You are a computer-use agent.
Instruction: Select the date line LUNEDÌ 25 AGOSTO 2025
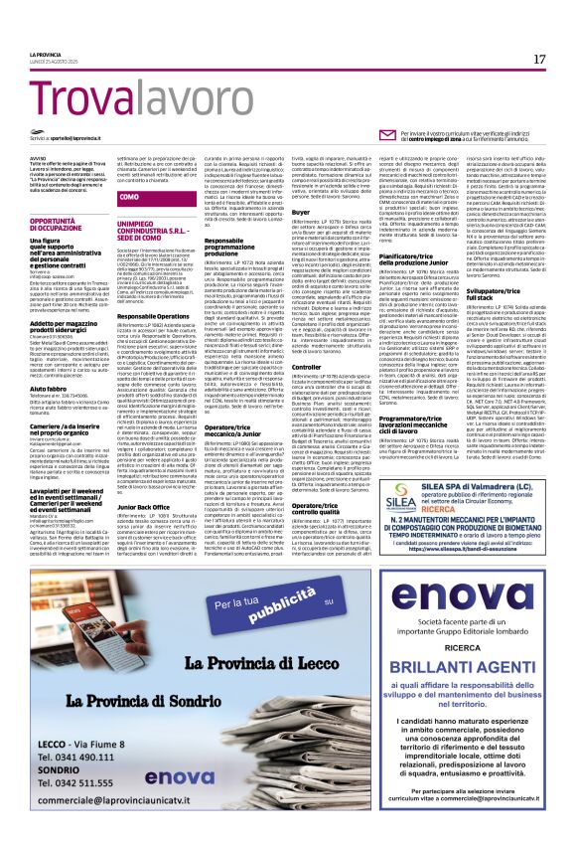[53, 64]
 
